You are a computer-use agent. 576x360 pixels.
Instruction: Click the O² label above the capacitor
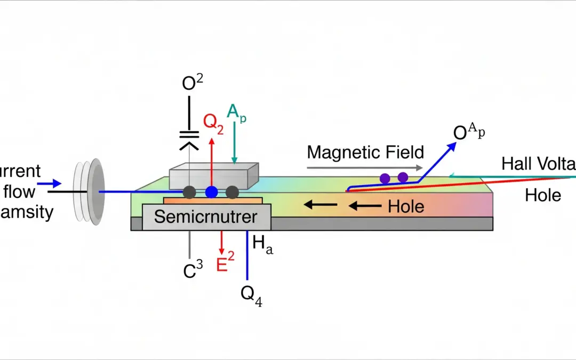tap(193, 83)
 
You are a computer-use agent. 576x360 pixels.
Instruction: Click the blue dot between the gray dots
tap(212, 192)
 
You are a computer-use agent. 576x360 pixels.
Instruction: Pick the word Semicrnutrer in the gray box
tap(206, 217)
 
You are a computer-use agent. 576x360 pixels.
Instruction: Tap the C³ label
tap(193, 271)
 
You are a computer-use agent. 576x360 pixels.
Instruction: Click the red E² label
tap(225, 264)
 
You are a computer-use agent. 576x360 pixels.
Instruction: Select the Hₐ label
tap(262, 244)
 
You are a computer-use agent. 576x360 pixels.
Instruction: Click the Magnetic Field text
tap(365, 153)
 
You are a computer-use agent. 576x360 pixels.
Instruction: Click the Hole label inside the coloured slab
tap(406, 206)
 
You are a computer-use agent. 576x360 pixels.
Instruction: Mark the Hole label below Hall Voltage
tap(543, 195)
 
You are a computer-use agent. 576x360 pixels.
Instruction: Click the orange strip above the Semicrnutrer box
tap(212, 200)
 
